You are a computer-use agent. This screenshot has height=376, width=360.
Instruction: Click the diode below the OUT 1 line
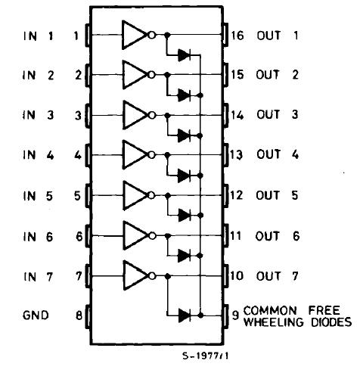[183, 54]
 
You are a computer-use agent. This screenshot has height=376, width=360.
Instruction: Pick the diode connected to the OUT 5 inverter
[183, 215]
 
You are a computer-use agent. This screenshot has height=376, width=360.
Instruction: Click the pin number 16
[237, 36]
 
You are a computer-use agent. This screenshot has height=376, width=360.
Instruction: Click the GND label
[35, 315]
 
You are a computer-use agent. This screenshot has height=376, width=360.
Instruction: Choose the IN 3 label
[38, 115]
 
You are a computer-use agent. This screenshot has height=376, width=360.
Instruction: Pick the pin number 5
[76, 195]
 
